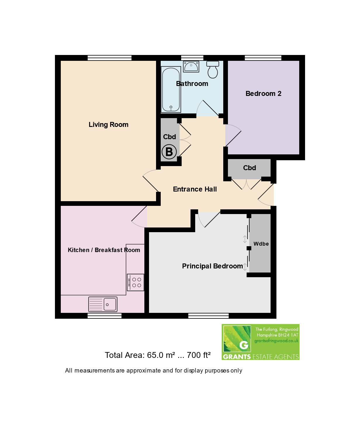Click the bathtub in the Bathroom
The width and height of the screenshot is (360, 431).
(x=171, y=89)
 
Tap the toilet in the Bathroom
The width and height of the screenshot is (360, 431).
(x=212, y=70)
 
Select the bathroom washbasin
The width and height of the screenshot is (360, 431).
(x=191, y=66)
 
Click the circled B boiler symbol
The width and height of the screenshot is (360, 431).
(x=169, y=152)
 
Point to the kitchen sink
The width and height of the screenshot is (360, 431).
(x=103, y=304)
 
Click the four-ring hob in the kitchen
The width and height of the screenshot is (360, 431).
(x=135, y=282)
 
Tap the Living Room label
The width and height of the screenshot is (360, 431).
(x=108, y=125)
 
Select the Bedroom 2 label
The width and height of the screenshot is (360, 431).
(x=263, y=94)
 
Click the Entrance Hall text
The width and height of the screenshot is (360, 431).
(x=195, y=189)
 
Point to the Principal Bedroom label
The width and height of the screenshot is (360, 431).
(x=212, y=266)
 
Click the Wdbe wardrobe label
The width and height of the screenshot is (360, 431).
(x=261, y=244)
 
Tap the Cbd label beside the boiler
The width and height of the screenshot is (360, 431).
(x=169, y=137)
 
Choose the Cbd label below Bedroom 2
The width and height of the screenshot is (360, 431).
(x=250, y=168)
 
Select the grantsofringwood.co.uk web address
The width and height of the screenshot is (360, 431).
(x=276, y=341)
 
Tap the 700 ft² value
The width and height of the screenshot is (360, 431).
(x=198, y=355)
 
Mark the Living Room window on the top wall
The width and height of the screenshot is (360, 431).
(x=110, y=58)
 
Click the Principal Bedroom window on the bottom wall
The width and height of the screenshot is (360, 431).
(x=208, y=316)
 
